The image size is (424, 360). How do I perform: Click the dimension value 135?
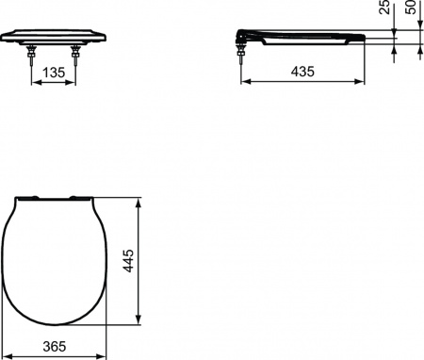(54, 71)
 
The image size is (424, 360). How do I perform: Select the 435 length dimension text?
(302, 71)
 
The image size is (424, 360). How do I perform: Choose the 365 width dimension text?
(54, 348)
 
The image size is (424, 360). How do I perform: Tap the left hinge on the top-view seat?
(35, 197)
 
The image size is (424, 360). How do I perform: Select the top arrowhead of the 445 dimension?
(140, 200)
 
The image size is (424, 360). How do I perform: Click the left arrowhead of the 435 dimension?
(247, 82)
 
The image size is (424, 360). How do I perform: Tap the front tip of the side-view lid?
(362, 36)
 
